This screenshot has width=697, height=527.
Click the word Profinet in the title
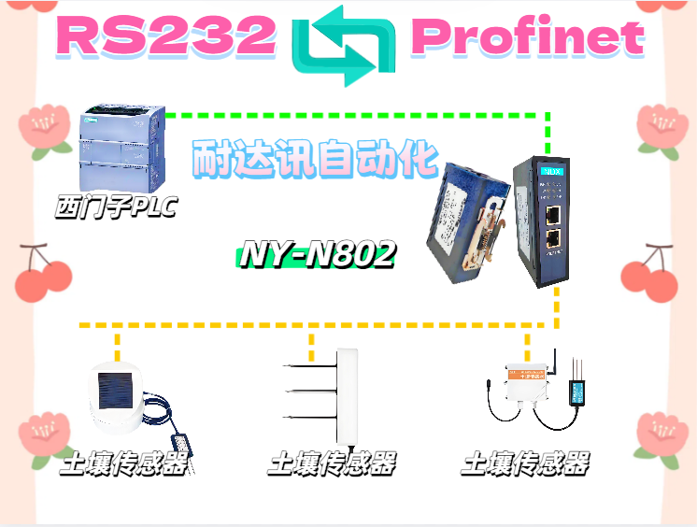click(528, 37)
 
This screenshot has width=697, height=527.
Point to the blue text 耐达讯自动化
click(314, 160)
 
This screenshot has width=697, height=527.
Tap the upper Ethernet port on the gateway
click(553, 215)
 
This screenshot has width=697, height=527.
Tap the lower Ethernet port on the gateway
click(553, 240)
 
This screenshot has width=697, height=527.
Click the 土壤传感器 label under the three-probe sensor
click(332, 463)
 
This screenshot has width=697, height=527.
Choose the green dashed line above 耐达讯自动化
click(355, 116)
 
